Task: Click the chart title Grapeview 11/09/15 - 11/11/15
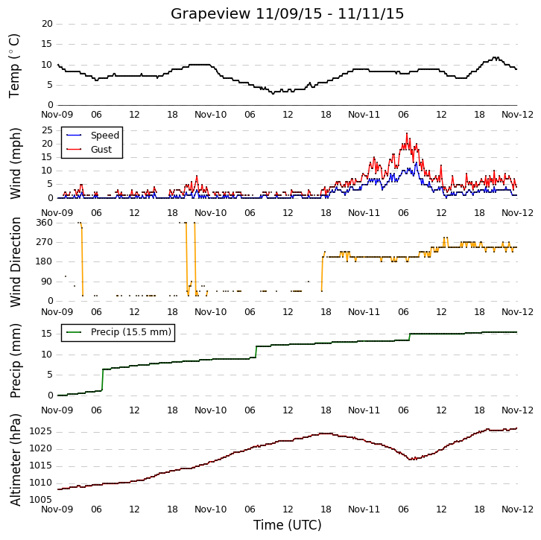tap(287, 14)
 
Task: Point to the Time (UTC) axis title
tap(287, 525)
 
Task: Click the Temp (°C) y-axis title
tap(14, 66)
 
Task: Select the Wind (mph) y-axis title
tap(15, 163)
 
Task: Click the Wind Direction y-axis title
tap(15, 262)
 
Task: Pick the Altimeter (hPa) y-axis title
tap(15, 460)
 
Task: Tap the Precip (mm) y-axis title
tap(15, 360)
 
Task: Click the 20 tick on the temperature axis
tap(47, 24)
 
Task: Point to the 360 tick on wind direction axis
tap(44, 223)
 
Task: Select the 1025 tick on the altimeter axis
tap(41, 431)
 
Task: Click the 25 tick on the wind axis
tap(47, 130)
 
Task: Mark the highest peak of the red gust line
tap(407, 133)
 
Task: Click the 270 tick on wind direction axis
tap(44, 242)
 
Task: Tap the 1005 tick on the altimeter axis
tap(41, 500)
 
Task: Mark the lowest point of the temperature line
tap(273, 93)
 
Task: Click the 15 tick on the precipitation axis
tap(47, 334)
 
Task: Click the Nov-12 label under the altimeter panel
tap(517, 509)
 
